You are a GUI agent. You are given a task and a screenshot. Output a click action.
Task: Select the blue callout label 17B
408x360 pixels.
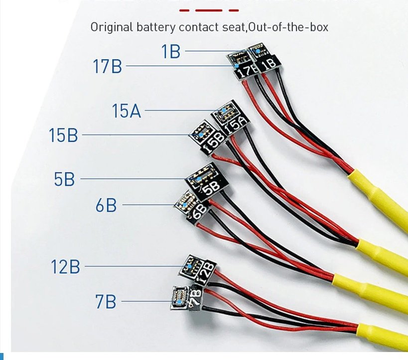point(107,66)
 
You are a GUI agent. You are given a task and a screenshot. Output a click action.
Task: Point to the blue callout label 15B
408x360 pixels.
point(63,135)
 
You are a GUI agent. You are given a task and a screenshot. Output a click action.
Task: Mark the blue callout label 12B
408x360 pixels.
point(65,267)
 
